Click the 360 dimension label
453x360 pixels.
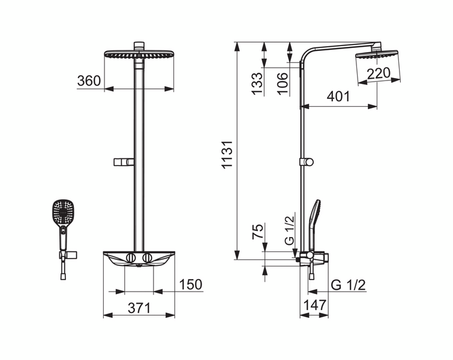[89, 81]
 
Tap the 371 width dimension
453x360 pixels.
[139, 308]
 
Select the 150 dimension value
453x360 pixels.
[191, 284]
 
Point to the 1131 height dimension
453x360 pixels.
[227, 154]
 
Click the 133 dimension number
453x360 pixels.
[257, 83]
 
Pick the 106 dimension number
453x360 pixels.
[283, 83]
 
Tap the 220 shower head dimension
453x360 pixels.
[379, 73]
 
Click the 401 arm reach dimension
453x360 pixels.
[338, 97]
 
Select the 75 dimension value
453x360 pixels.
[258, 231]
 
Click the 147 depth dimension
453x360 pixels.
[314, 305]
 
